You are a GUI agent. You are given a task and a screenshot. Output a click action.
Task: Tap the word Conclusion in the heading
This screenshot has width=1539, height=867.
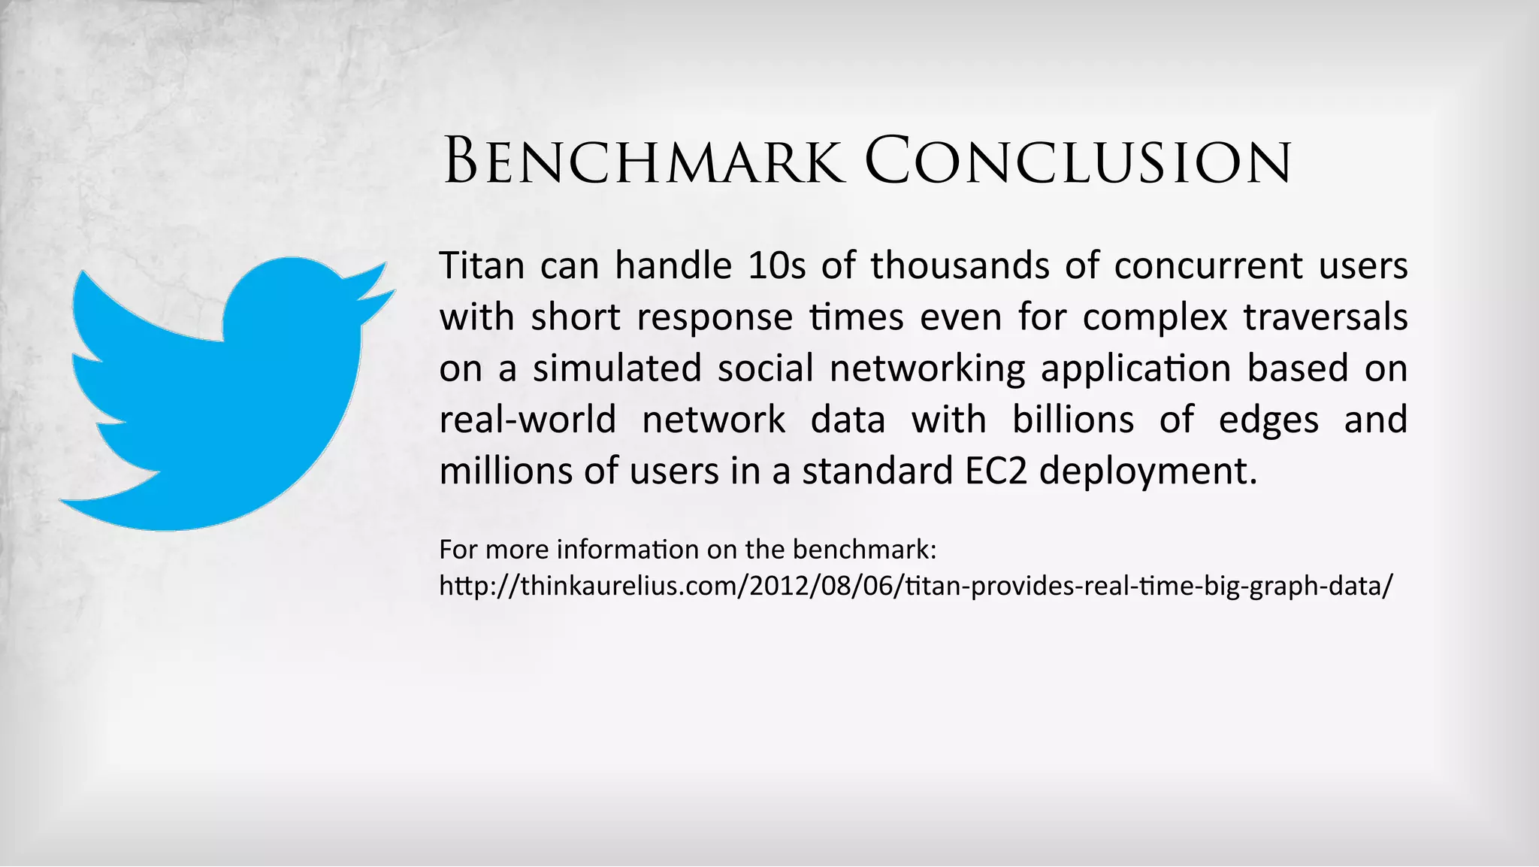click(1078, 162)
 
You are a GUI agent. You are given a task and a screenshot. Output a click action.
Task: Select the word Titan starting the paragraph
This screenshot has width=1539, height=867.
click(482, 265)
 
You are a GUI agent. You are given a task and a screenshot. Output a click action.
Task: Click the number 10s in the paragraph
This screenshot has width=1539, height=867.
click(777, 265)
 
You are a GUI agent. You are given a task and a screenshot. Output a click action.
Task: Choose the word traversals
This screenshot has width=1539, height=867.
click(1326, 317)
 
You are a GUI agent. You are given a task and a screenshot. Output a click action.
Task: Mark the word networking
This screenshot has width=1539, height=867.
click(927, 368)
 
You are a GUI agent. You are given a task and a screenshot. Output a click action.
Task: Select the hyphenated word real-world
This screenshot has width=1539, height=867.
click(528, 420)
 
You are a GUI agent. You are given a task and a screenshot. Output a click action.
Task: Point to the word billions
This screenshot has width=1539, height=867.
click(1073, 420)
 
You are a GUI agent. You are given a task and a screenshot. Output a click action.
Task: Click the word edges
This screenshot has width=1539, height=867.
click(1268, 420)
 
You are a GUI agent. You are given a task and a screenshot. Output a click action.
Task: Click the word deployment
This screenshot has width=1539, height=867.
click(1147, 471)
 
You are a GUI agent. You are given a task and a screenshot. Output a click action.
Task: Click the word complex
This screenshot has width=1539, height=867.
click(1155, 317)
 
